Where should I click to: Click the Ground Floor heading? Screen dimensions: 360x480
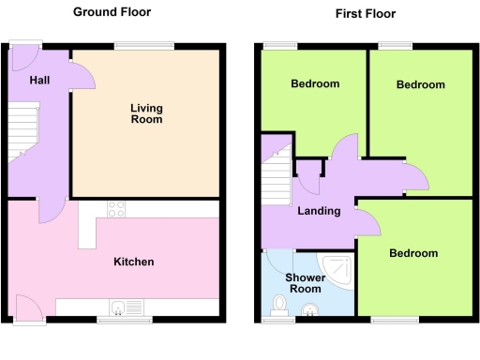click(x=112, y=12)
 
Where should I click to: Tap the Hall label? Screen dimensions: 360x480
click(x=39, y=81)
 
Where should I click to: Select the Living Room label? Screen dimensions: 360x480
click(x=145, y=113)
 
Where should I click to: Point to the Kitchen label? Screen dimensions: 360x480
click(x=134, y=262)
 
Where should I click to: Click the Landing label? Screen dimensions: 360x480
click(x=319, y=211)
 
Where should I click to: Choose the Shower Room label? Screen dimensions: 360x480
click(x=305, y=282)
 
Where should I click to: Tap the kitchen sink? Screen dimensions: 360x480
click(x=125, y=307)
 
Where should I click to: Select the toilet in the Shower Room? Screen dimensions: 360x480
click(x=278, y=304)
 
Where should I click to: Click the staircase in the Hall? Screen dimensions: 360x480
click(x=21, y=131)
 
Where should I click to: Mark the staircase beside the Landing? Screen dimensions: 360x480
click(x=277, y=178)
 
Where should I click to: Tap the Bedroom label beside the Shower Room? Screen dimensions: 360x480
click(x=413, y=253)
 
